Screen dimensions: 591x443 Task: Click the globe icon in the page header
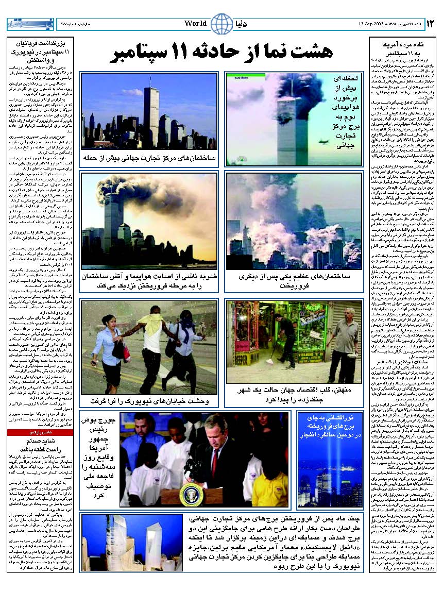(221, 24)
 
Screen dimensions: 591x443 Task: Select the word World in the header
(196, 24)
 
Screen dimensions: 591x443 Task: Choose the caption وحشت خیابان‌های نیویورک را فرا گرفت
(149, 400)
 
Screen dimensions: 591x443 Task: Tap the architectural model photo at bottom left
(132, 542)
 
